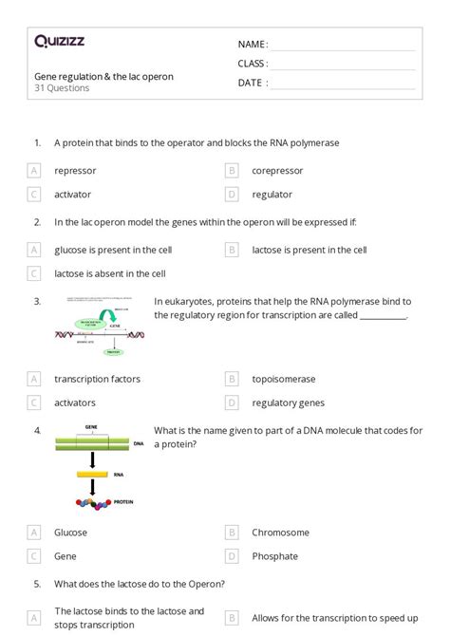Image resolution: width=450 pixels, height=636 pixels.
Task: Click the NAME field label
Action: click(x=253, y=45)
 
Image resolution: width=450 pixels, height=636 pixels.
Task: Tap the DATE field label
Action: click(x=252, y=83)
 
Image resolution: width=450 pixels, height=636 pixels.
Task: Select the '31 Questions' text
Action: click(x=62, y=88)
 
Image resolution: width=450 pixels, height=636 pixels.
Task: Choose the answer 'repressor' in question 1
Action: click(x=75, y=171)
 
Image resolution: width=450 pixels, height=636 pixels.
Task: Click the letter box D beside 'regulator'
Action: click(x=231, y=195)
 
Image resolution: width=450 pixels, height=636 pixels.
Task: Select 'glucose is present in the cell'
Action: click(x=113, y=251)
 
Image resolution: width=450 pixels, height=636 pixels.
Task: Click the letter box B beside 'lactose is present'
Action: click(x=231, y=251)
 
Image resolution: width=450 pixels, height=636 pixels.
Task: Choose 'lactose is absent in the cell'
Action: click(x=110, y=273)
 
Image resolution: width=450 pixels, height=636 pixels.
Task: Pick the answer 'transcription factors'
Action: click(x=97, y=379)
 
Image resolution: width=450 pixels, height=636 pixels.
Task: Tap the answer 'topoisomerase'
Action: click(x=284, y=379)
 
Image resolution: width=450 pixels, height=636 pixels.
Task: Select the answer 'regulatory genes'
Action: click(x=288, y=402)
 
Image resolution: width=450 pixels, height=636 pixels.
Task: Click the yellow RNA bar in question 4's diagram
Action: click(x=92, y=472)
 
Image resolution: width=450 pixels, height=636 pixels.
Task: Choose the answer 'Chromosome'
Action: click(x=280, y=533)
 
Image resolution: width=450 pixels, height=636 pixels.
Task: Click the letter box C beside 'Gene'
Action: click(x=34, y=556)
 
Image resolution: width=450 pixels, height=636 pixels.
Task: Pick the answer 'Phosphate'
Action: click(x=274, y=556)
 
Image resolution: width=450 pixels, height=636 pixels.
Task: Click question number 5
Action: click(x=37, y=584)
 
